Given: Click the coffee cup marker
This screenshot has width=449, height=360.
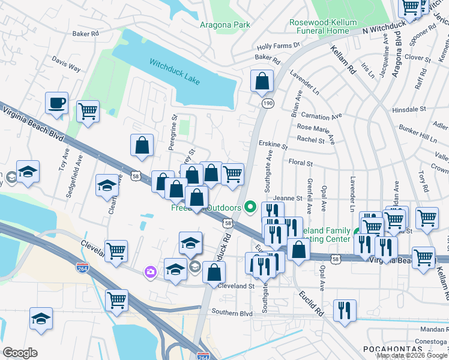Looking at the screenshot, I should point(56,103).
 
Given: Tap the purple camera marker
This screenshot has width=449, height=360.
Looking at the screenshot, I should point(149,272).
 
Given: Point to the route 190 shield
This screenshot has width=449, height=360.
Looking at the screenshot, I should point(265,104).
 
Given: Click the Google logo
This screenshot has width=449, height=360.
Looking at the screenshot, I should point(20,352).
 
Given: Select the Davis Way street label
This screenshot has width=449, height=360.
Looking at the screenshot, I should point(66,65).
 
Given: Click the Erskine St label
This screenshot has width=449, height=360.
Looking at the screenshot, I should point(273,146).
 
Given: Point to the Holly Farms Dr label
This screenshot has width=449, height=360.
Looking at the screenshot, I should point(278,46).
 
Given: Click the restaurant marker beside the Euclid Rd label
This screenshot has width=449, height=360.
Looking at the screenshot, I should point(345,310).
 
